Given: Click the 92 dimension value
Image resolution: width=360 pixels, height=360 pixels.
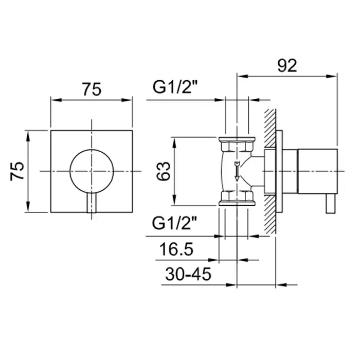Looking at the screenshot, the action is [287, 66].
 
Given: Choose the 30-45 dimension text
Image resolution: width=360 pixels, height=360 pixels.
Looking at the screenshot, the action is [188, 274].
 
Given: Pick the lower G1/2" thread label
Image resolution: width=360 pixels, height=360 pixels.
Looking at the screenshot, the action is [174, 223].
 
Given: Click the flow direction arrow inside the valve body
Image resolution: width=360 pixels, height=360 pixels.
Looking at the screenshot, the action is [237, 171].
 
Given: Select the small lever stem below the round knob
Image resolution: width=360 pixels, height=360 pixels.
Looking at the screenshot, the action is [92, 203].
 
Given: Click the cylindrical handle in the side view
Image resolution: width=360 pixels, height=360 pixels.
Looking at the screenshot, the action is [317, 171].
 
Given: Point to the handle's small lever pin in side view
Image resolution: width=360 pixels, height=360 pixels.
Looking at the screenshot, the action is [331, 204].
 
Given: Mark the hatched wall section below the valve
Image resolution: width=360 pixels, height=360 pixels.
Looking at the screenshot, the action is [270, 214].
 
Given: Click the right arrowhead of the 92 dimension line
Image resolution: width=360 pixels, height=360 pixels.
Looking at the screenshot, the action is [332, 76].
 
